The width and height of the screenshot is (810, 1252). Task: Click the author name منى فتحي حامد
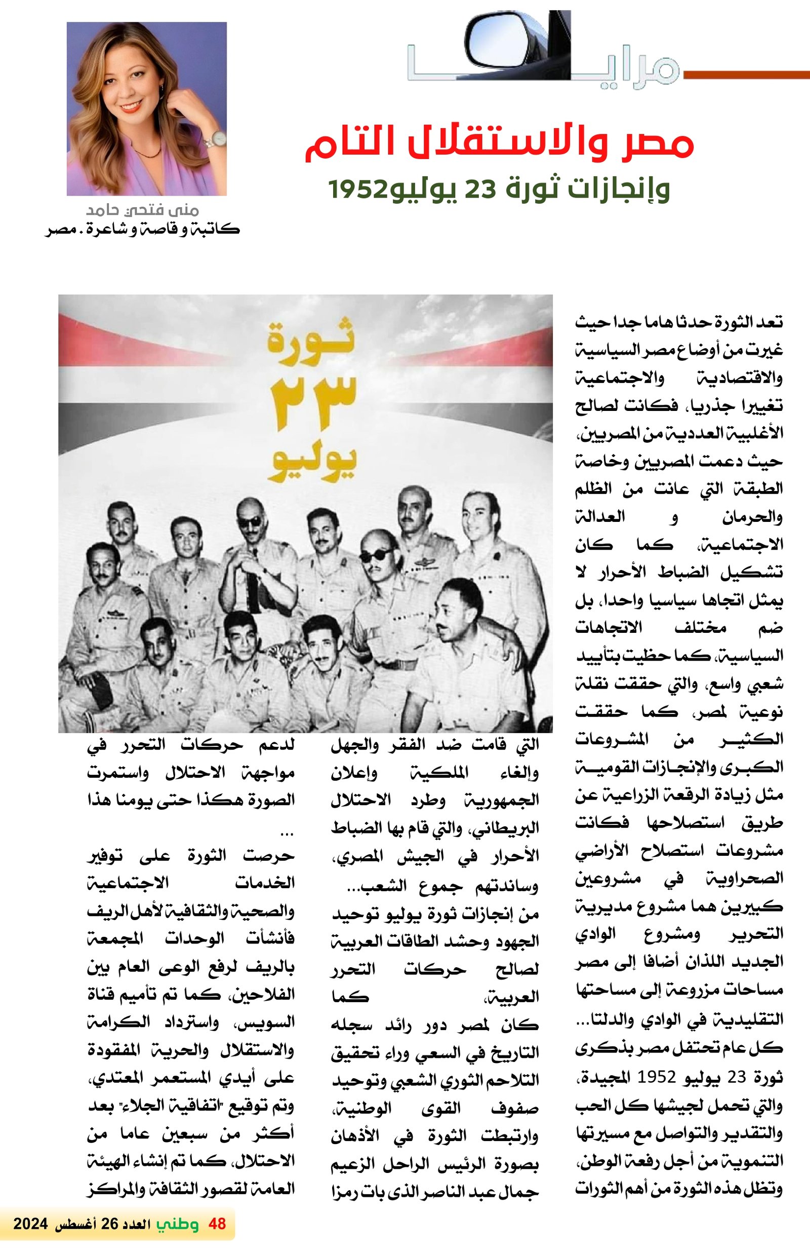pyautogui.click(x=142, y=211)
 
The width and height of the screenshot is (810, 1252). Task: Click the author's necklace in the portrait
pyautogui.click(x=148, y=152)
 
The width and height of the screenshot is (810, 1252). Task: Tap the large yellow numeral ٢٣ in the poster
pyautogui.click(x=313, y=403)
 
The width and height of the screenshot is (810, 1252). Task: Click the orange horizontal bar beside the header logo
pyautogui.click(x=746, y=74)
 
